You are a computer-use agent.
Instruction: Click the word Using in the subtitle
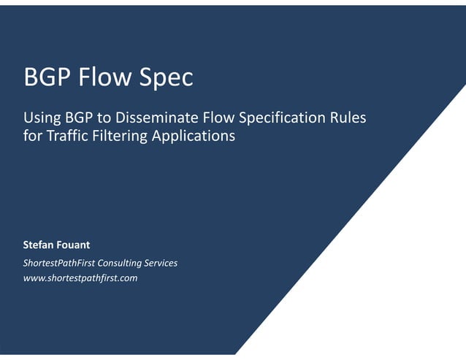[41, 117]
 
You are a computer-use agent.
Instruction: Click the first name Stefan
[39, 245]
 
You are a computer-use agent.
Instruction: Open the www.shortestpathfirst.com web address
[80, 278]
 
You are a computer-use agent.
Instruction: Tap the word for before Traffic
[32, 135]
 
